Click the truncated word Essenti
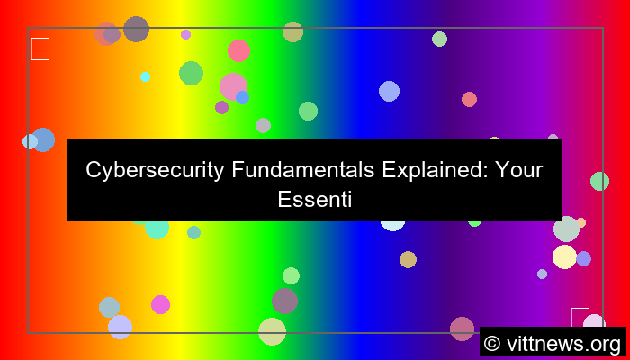pos(314,201)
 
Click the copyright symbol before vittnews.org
pos(492,343)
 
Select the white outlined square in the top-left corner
pos(40,49)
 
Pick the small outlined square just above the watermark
pos(580,317)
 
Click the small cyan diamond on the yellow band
pos(145,76)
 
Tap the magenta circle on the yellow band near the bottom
pos(160,304)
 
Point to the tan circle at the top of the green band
pos(292,31)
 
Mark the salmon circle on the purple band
pos(469,99)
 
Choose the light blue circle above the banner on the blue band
pos(389,91)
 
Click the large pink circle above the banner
pos(233,86)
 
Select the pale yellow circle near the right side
pos(564,256)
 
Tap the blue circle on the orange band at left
pos(42,139)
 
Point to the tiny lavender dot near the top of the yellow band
pos(185,34)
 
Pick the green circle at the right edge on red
pos(599,181)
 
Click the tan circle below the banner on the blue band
pos(408,259)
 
